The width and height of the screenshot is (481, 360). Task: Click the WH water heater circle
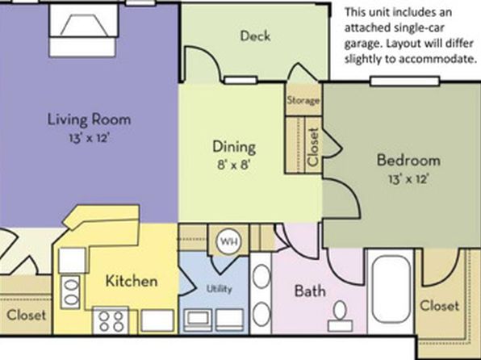point(229,241)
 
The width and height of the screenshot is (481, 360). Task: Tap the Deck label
point(255,36)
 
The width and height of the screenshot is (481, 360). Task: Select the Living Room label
point(89,119)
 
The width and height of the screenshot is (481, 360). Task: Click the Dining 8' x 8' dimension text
point(234,165)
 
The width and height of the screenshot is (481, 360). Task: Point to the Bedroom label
point(408,161)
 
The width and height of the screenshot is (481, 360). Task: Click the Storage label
point(303,100)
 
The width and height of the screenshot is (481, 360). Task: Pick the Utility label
point(219,288)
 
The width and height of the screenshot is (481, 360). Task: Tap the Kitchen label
point(132,281)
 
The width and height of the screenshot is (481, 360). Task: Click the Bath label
point(310,291)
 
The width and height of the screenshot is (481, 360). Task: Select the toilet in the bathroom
point(340,316)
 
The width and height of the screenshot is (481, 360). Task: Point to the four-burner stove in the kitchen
point(111,320)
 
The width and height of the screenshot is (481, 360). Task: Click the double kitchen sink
point(70,291)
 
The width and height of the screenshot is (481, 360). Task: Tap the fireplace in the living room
point(83,31)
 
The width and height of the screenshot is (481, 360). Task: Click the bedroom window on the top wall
point(405,82)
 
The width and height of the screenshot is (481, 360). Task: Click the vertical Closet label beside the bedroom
point(313,147)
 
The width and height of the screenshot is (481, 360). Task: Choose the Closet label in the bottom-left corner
point(26,315)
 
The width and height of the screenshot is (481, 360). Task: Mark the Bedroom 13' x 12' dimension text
point(408,178)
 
